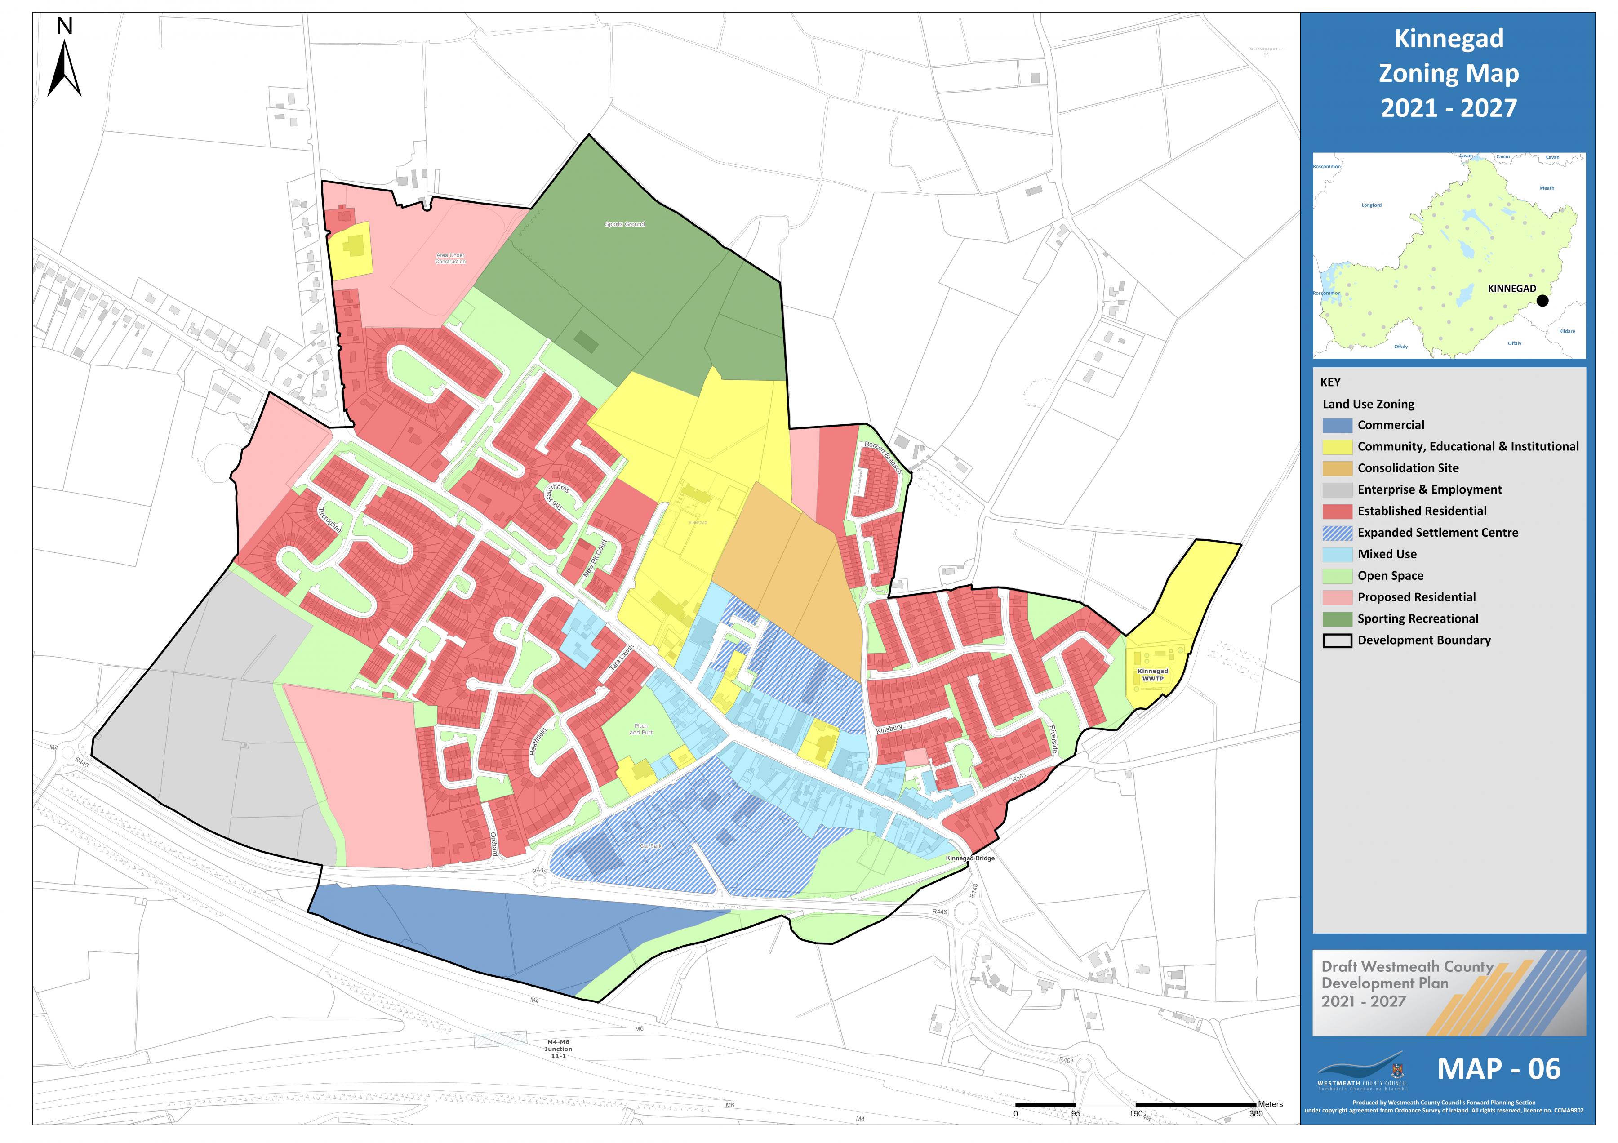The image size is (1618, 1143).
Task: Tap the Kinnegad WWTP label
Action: [1152, 674]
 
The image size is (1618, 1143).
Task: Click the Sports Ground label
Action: [624, 224]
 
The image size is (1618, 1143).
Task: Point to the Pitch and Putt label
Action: [640, 729]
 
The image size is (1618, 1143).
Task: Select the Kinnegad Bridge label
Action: [969, 858]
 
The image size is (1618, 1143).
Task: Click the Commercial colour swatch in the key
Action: [1337, 425]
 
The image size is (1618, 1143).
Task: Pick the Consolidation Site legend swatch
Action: [1337, 468]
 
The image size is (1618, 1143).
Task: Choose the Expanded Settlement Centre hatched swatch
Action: [1337, 533]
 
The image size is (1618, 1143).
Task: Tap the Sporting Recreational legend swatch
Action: [1337, 619]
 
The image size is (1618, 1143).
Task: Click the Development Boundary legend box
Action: [1337, 640]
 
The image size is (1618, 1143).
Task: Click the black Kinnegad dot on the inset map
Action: [1542, 300]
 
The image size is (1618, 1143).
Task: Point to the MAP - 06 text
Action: [1498, 1069]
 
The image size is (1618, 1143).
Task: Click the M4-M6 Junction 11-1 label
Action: [558, 1049]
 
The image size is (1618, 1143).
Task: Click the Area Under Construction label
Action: [450, 258]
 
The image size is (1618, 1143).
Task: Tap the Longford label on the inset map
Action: [1371, 205]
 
